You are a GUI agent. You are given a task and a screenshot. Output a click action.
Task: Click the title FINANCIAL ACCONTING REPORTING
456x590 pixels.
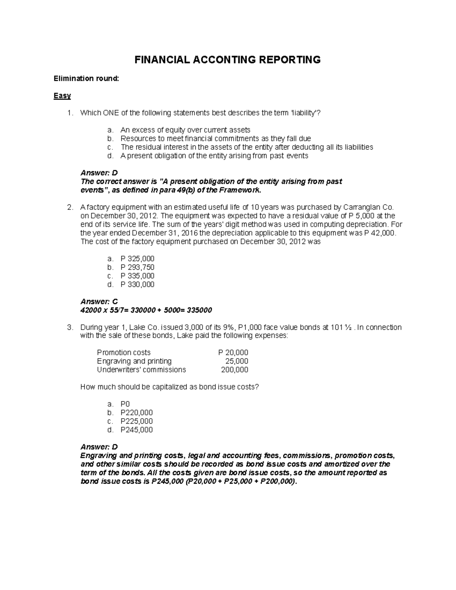(x=228, y=60)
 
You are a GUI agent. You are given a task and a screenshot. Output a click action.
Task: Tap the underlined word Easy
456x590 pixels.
(x=62, y=96)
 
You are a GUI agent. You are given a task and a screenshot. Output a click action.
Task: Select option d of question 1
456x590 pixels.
(x=214, y=156)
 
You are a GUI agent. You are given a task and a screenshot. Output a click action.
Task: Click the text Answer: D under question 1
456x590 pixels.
(x=99, y=173)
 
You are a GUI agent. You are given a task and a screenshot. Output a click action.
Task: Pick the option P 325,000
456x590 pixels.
(x=137, y=259)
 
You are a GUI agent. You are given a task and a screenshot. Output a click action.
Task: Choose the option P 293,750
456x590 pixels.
(x=137, y=267)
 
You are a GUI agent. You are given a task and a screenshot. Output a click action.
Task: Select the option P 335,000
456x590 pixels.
(x=137, y=276)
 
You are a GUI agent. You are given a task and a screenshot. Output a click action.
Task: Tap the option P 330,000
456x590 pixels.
(x=137, y=285)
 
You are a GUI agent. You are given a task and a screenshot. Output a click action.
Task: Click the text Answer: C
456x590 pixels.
(x=99, y=302)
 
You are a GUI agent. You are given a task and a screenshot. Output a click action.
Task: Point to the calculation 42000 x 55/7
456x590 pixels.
(x=103, y=310)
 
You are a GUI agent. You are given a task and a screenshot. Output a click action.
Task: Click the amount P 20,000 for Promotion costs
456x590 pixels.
(x=233, y=353)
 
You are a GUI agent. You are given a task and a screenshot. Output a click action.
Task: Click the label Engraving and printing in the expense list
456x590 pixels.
(x=134, y=361)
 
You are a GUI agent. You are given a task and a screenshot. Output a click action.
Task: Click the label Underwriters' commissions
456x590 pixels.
(x=141, y=370)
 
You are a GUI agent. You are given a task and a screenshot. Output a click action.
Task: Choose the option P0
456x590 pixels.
(x=125, y=404)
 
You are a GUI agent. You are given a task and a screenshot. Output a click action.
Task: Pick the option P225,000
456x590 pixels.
(x=136, y=421)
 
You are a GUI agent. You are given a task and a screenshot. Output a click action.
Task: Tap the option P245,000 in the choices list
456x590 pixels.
(x=136, y=430)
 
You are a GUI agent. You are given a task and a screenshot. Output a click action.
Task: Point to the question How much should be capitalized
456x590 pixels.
(x=169, y=387)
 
